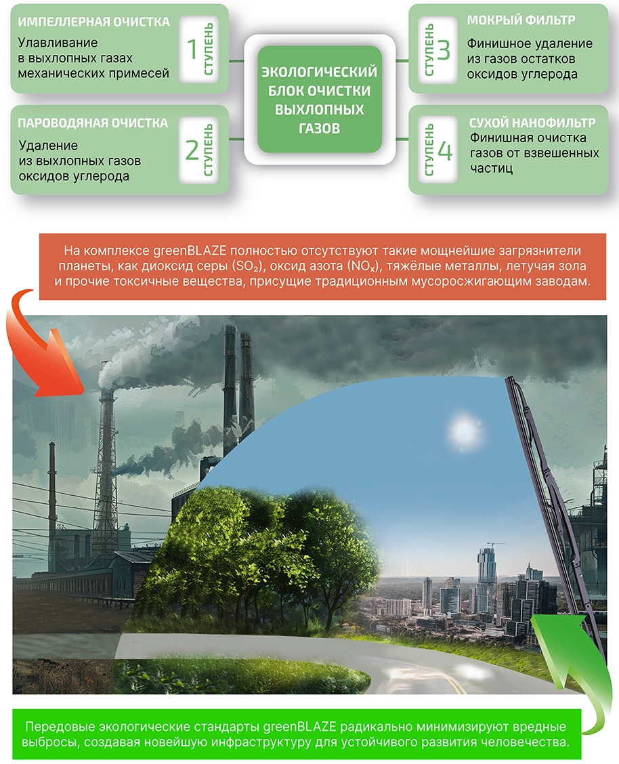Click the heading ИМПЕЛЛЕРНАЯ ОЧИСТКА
click(93, 22)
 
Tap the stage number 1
click(192, 49)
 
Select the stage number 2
click(192, 150)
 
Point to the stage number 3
click(444, 49)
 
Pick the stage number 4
click(445, 151)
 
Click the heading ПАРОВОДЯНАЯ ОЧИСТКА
click(93, 123)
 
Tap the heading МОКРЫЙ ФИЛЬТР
click(521, 20)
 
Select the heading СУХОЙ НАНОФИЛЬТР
click(532, 123)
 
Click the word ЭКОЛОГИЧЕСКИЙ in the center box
click(320, 72)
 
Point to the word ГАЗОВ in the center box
click(319, 129)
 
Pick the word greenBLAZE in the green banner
click(300, 727)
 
